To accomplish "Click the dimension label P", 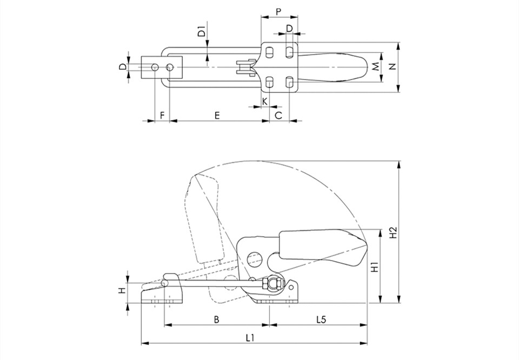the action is coord(278,12).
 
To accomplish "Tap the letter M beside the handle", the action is coord(375,67).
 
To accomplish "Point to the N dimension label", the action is coord(392,66).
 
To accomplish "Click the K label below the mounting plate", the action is coord(265,101).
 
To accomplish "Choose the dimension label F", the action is coord(162,116).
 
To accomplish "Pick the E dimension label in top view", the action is coord(217,116).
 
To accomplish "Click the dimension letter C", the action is coord(279,116).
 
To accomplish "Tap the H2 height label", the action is coord(392,232).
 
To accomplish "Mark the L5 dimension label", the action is coord(321,319).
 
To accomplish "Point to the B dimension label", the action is coord(216,319).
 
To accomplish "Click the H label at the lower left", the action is coord(122,291).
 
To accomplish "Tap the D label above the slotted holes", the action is coord(289,29).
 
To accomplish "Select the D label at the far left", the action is coord(123,67).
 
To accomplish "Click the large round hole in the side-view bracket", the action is coord(255,259).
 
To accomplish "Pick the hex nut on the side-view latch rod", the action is coord(265,284).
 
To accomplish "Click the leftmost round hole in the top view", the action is coord(155,68).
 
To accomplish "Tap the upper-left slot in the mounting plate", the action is coord(270,52).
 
